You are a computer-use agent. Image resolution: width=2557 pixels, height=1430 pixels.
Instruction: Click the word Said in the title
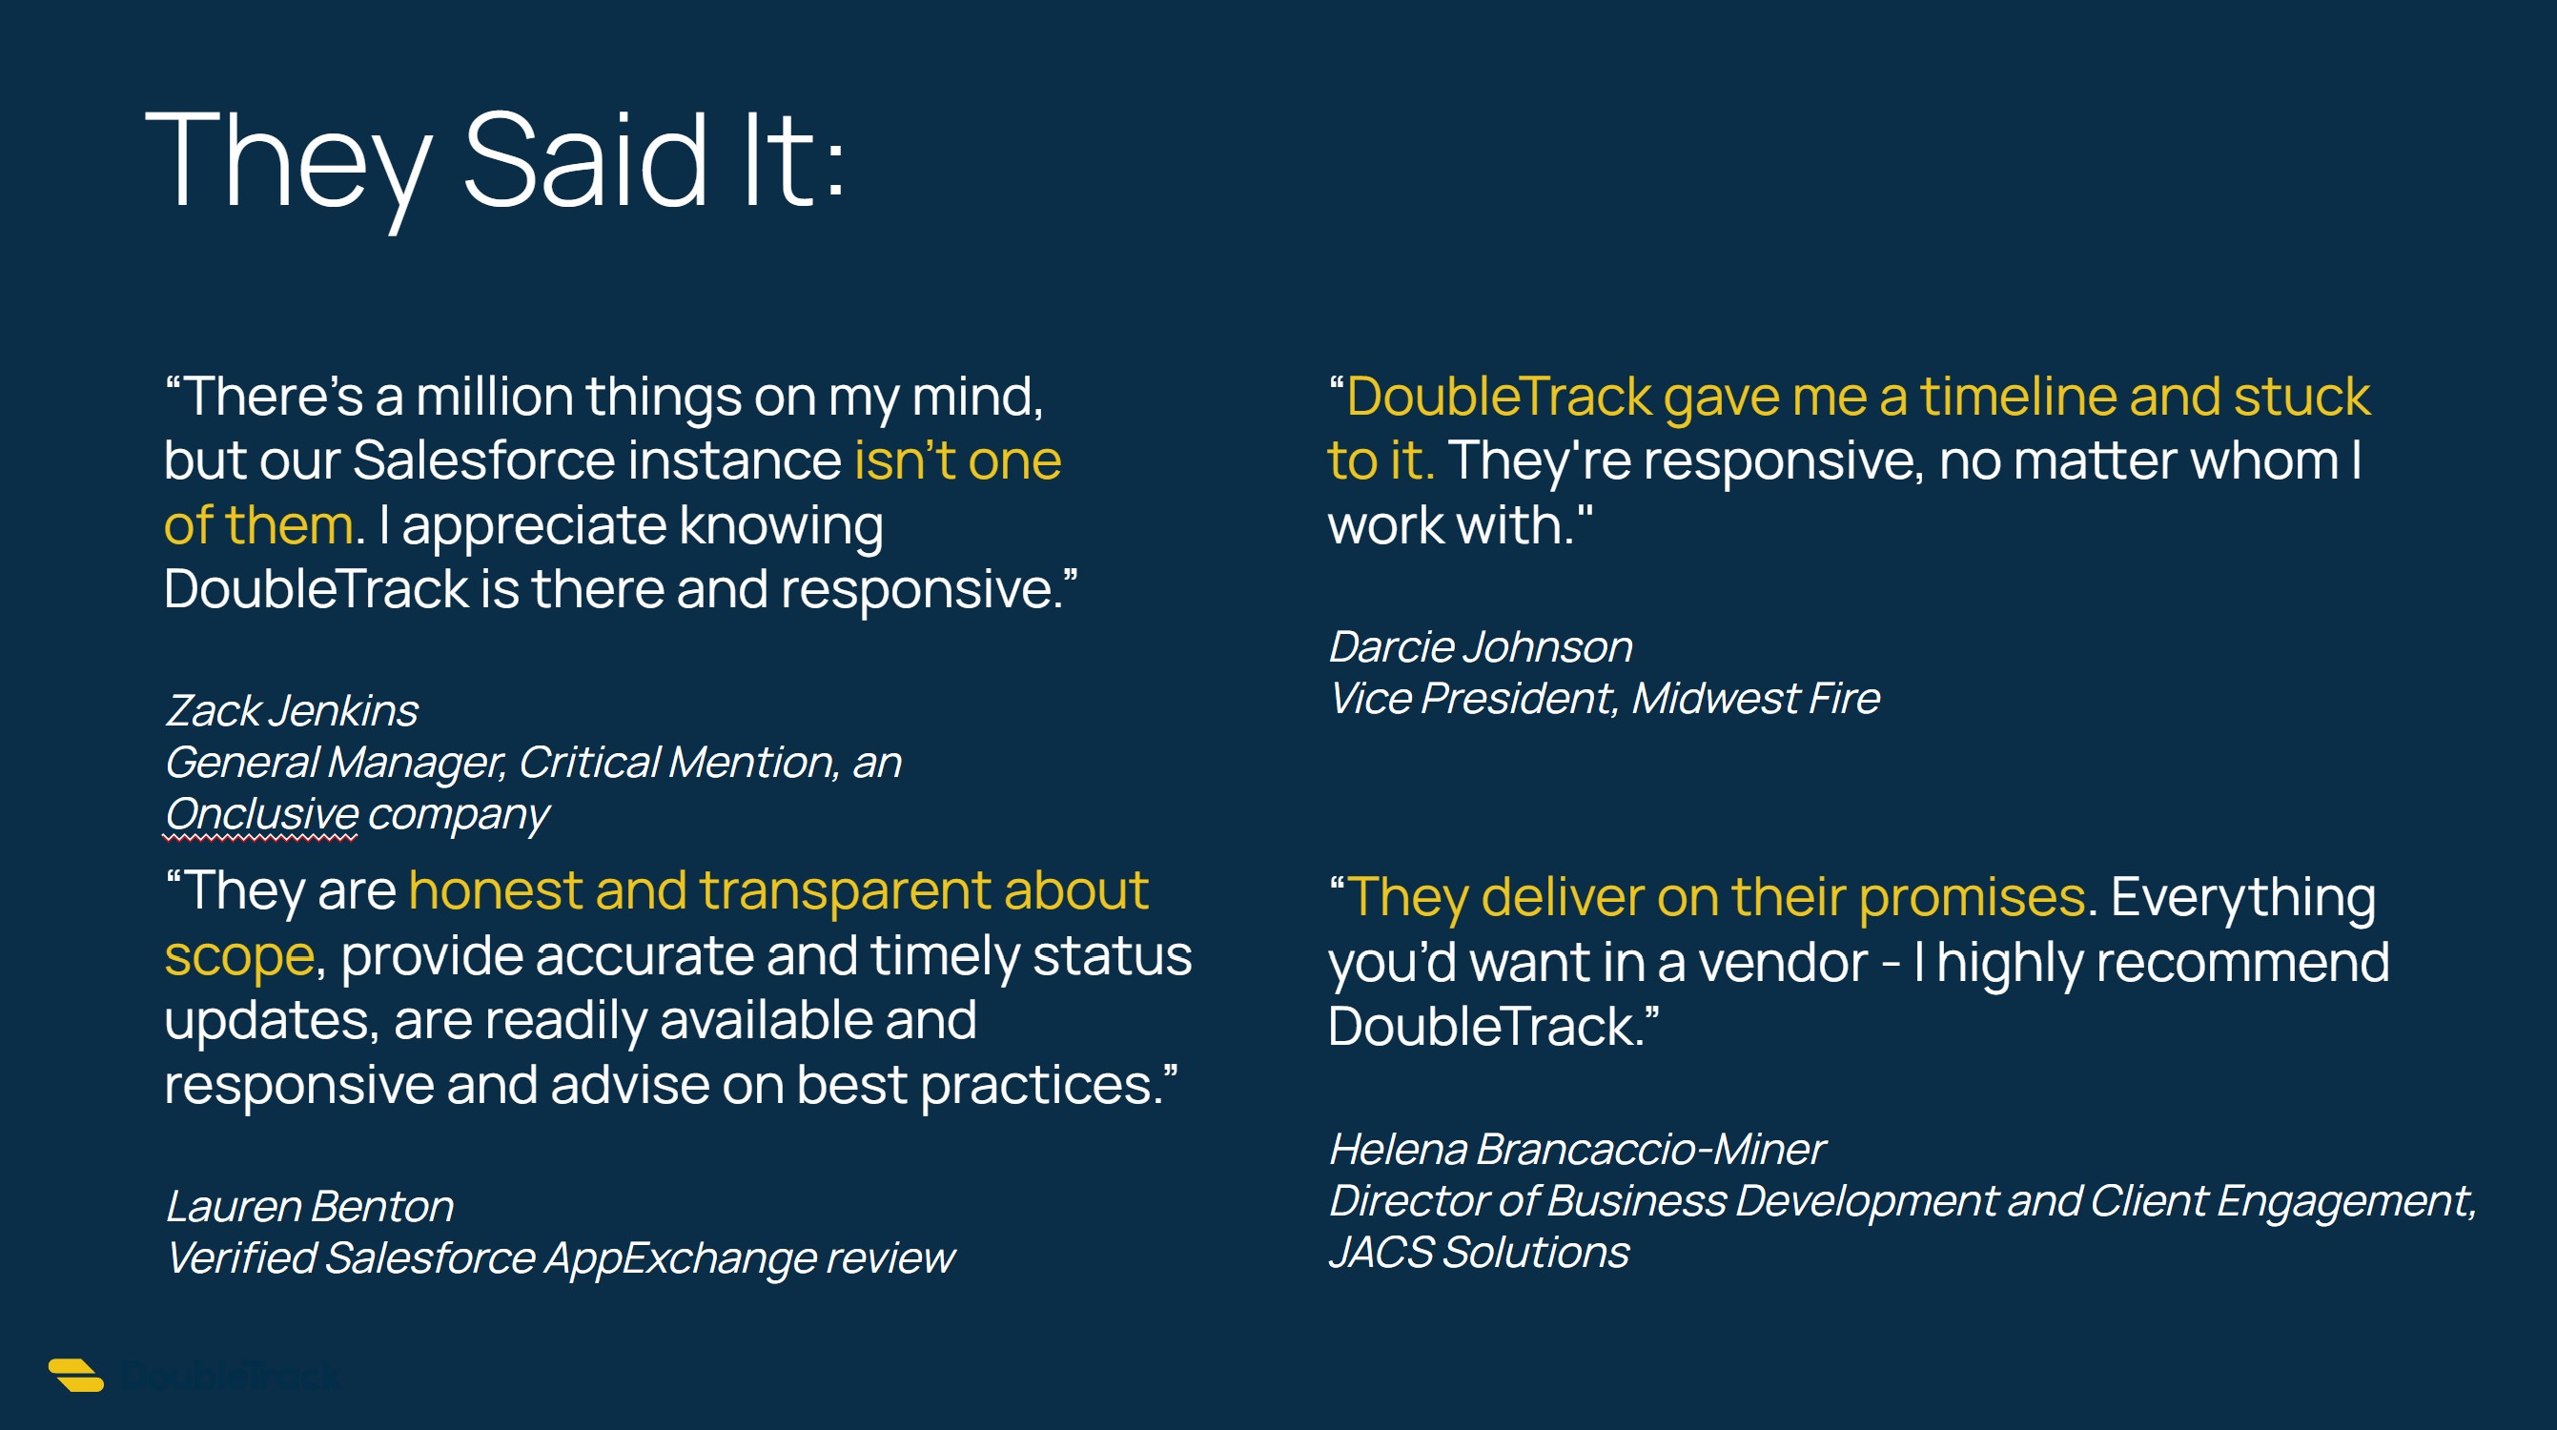click(585, 161)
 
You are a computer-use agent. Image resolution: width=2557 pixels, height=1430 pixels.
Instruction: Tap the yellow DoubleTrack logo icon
click(76, 1375)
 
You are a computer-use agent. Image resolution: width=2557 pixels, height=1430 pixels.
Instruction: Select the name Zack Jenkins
click(292, 710)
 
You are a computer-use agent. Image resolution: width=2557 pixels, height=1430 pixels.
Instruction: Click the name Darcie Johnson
click(1480, 647)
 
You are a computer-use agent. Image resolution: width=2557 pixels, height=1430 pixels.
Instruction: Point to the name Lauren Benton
click(310, 1207)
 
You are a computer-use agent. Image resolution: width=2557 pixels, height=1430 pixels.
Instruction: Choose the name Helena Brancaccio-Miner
click(1576, 1149)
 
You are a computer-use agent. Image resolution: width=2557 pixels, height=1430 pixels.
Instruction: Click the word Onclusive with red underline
click(261, 814)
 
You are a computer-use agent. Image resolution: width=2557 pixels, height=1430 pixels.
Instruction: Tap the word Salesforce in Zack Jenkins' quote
click(483, 460)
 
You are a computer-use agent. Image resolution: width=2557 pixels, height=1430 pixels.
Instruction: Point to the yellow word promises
click(1972, 899)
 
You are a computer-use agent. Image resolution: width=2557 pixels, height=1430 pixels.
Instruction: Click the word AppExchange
click(680, 1258)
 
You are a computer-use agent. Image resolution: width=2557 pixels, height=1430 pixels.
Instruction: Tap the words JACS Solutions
click(1479, 1253)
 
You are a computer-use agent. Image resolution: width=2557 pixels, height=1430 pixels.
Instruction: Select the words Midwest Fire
click(1756, 699)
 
